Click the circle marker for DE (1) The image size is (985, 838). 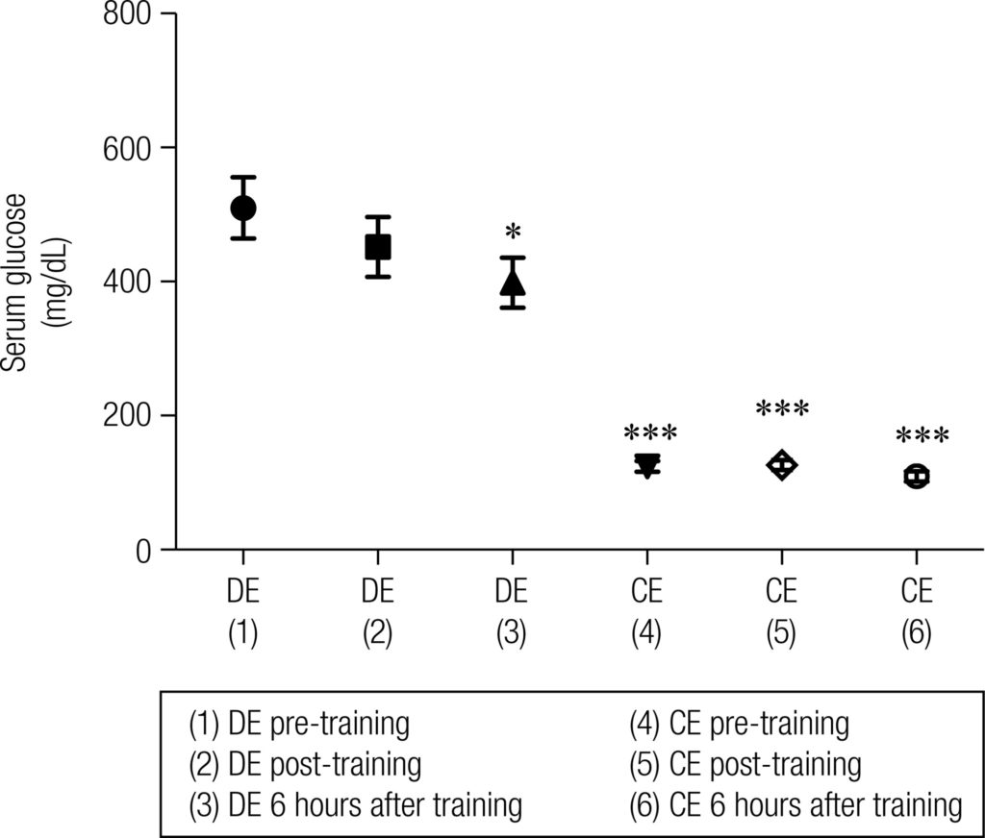(243, 208)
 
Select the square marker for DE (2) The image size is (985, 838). (378, 246)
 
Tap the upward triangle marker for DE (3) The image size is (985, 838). (513, 283)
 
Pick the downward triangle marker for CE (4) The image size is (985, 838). (647, 466)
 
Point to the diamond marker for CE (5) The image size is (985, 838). (782, 465)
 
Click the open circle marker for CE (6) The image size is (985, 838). (917, 477)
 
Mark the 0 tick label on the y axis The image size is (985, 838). (141, 551)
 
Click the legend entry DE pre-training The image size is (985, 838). (299, 724)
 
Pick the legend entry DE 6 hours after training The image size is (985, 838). (356, 804)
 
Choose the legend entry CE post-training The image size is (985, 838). (745, 764)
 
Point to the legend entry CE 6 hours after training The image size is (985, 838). (796, 804)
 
